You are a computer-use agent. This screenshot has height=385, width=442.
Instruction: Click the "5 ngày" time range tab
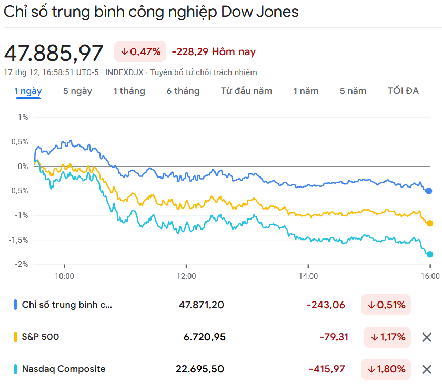(77, 91)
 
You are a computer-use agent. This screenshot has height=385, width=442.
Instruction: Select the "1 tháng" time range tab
(129, 91)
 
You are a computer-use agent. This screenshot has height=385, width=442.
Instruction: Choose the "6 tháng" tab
(183, 91)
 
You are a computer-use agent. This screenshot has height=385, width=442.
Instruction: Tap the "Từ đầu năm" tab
(246, 91)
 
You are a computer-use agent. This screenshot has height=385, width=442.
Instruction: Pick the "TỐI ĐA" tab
(403, 91)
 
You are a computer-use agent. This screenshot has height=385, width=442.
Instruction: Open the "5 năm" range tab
(353, 91)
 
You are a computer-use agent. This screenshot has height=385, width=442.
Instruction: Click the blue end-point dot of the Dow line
(429, 191)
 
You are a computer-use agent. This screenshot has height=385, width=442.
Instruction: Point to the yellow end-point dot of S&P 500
(430, 223)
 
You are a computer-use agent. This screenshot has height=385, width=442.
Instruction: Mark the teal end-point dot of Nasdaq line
(430, 254)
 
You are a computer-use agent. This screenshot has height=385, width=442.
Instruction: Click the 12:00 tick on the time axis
(186, 276)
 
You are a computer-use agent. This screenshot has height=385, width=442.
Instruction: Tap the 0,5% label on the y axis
(20, 141)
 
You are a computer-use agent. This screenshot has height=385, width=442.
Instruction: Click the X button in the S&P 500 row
(427, 337)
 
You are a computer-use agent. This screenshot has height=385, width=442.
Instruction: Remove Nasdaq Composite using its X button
(427, 369)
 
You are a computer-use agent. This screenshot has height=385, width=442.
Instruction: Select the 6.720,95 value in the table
(204, 337)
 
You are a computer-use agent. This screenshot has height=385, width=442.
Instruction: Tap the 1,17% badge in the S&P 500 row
(387, 337)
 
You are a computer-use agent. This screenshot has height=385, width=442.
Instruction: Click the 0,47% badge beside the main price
(140, 51)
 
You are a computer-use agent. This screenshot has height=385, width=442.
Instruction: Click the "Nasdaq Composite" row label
(63, 369)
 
